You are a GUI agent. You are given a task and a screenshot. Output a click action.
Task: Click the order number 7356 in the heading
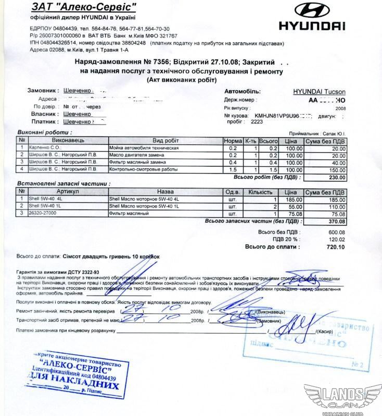click(x=158, y=61)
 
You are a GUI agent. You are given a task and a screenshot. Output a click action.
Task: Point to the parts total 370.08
click(x=335, y=222)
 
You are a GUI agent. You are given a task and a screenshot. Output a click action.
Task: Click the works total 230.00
click(x=335, y=177)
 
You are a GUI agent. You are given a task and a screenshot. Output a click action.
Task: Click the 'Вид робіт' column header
click(x=165, y=141)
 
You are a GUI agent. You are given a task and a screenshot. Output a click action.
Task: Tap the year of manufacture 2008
click(x=340, y=109)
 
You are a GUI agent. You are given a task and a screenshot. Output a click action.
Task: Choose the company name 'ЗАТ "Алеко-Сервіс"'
click(x=84, y=7)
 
